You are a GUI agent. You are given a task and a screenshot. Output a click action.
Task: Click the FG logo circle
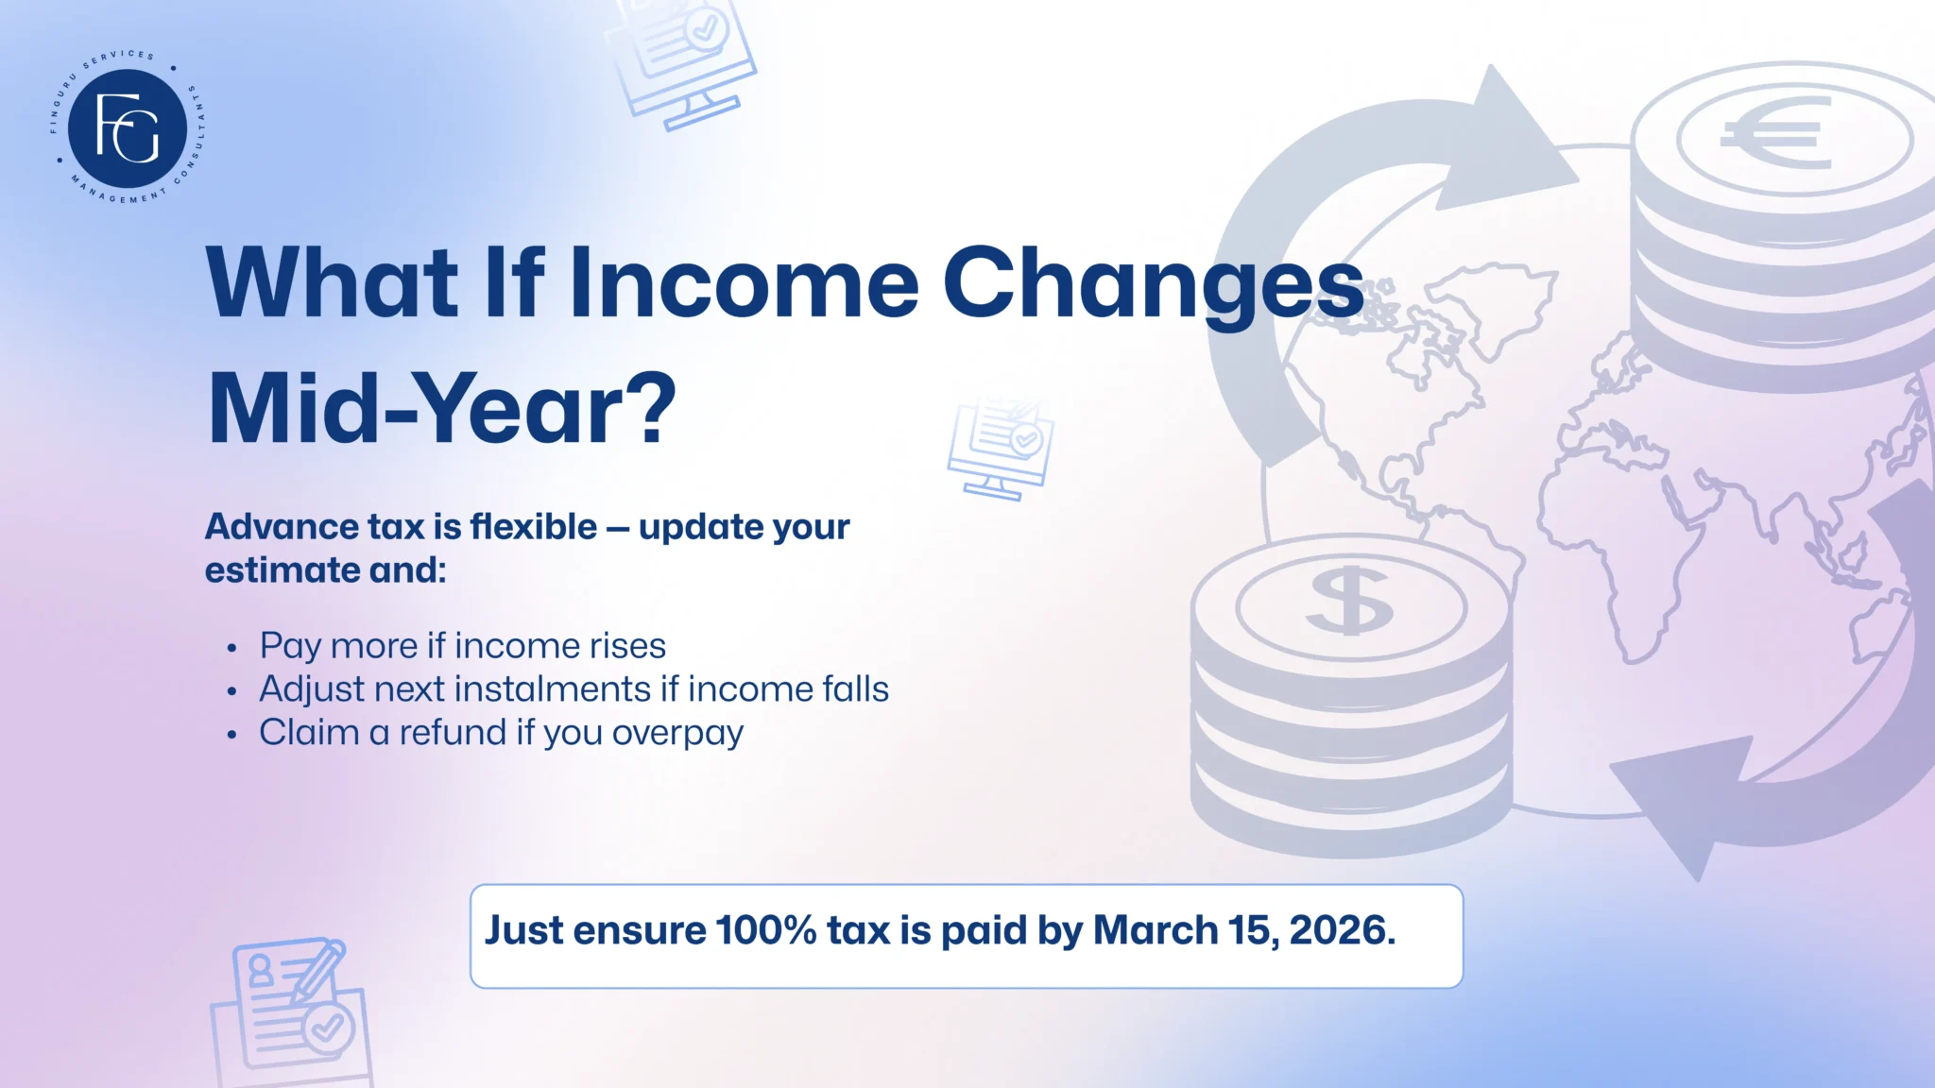(128, 128)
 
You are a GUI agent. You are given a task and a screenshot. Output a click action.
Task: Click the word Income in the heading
(744, 283)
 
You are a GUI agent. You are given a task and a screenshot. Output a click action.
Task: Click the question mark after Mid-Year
(652, 408)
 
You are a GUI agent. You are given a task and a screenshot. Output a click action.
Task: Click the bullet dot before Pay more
(232, 649)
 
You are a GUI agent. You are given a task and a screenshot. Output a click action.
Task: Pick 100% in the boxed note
(766, 930)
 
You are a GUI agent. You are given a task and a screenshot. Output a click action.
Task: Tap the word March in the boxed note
(1156, 930)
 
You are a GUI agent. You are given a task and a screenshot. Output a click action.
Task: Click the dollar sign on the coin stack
(1349, 602)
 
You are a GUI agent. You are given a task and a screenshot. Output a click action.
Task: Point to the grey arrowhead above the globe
(1502, 142)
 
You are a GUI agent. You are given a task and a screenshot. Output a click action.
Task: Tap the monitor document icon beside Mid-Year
(1001, 447)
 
